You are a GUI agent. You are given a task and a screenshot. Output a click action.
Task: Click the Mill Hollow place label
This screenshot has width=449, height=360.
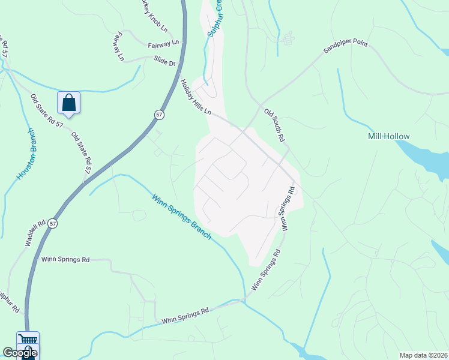point(388,137)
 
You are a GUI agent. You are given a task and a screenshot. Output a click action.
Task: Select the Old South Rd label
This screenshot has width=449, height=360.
point(274,125)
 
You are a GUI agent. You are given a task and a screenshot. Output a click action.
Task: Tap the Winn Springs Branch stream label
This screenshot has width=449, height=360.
point(181,217)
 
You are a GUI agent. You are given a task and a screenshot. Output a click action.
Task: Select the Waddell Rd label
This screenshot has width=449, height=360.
point(35,232)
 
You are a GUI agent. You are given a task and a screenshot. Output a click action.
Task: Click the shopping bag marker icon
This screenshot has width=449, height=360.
point(69,103)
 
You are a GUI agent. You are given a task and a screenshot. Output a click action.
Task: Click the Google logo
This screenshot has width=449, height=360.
point(20,353)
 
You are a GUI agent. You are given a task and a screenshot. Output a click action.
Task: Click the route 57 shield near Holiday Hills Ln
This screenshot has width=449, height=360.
point(158,114)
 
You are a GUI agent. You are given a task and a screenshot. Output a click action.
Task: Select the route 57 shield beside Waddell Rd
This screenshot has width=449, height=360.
point(53,224)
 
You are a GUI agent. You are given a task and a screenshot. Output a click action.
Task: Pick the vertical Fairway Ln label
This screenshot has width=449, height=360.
point(116,47)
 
